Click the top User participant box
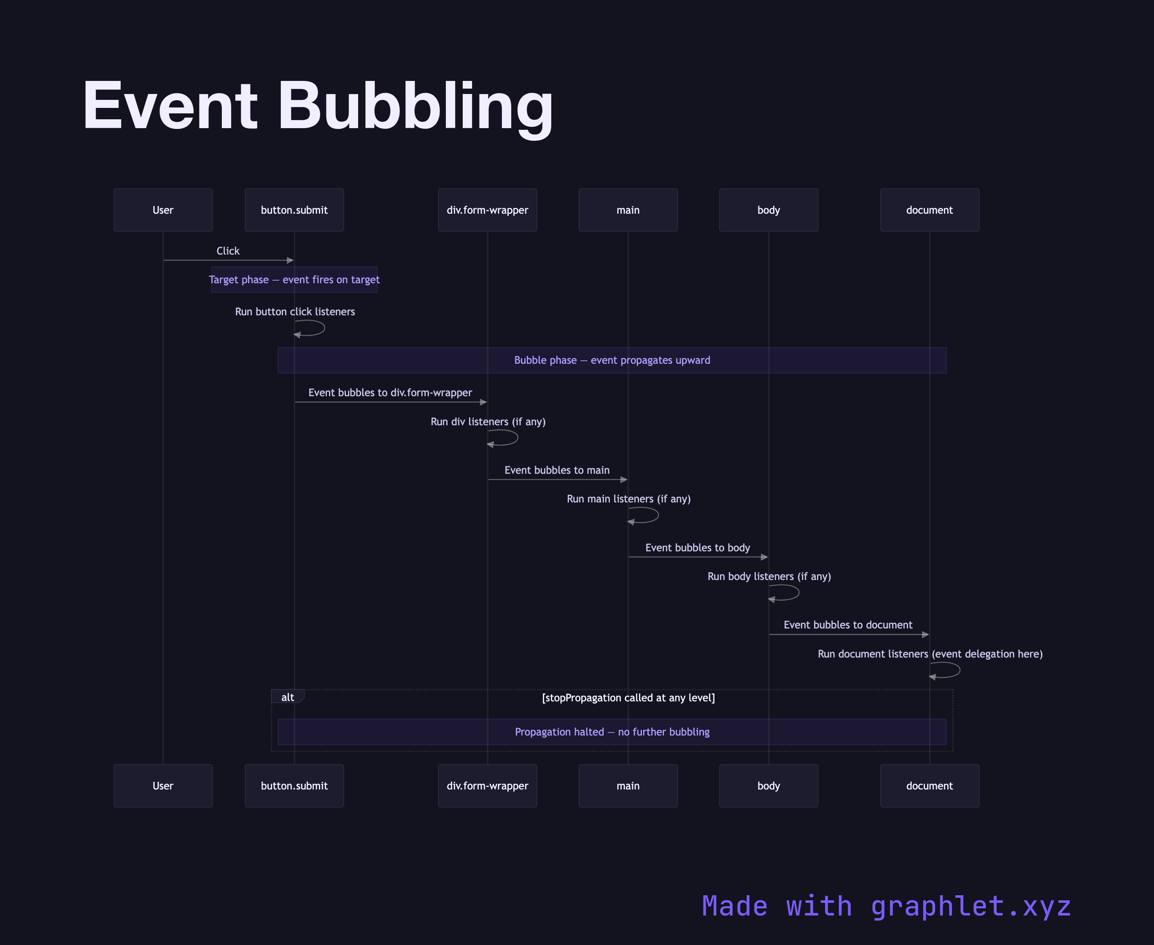163,210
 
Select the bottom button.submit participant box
294,786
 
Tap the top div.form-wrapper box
488,210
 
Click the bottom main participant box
628,786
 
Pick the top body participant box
768,210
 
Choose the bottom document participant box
929,786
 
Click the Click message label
228,251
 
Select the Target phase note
294,280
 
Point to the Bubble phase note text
612,360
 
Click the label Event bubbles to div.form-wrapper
390,392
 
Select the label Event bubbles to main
557,470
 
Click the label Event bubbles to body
697,548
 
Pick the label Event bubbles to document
847,625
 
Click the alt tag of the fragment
288,697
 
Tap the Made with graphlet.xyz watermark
886,906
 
